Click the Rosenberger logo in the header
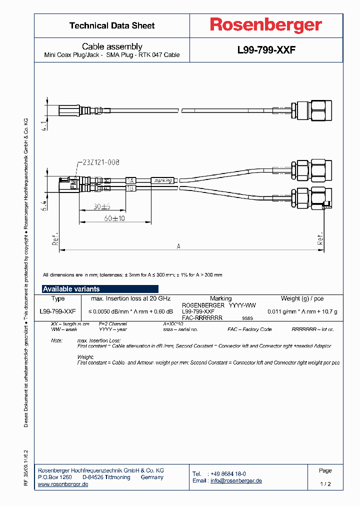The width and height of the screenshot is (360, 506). coord(265,25)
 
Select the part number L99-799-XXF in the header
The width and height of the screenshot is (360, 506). coord(266,50)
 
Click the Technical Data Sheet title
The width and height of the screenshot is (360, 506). coord(112,25)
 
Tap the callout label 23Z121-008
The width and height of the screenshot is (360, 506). coord(99,162)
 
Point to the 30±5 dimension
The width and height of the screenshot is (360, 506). coord(101,206)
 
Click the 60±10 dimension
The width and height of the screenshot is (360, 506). coord(114,218)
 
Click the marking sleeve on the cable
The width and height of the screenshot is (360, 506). coord(163,180)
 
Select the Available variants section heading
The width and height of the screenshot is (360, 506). coord(71,289)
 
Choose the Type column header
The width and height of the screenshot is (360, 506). coord(58,298)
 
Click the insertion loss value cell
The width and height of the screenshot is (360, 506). coord(130,311)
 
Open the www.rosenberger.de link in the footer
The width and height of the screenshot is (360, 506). coord(63,484)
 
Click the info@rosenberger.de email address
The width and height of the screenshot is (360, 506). coord(235,480)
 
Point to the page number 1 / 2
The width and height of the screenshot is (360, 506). coord(325,484)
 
